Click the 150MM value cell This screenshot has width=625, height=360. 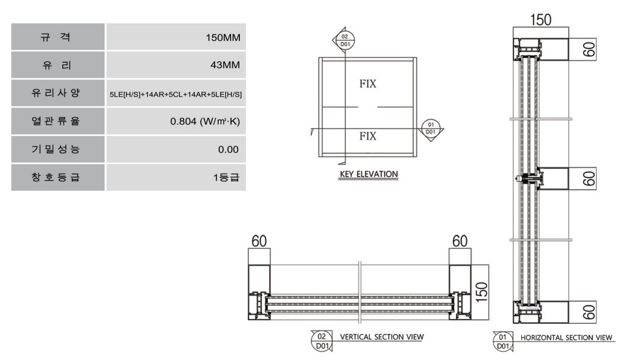[x=176, y=37]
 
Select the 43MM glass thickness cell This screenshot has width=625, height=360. [x=176, y=65]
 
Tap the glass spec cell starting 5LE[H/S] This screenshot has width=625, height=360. [x=176, y=93]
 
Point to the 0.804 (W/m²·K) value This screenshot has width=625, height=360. [x=205, y=121]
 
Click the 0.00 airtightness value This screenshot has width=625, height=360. [x=228, y=149]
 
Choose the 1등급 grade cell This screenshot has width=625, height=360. [x=176, y=177]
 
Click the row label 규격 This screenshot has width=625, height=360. [x=56, y=37]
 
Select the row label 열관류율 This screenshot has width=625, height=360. [x=56, y=121]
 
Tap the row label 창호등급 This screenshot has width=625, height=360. [x=56, y=177]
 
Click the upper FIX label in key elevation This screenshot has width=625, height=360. [x=367, y=83]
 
